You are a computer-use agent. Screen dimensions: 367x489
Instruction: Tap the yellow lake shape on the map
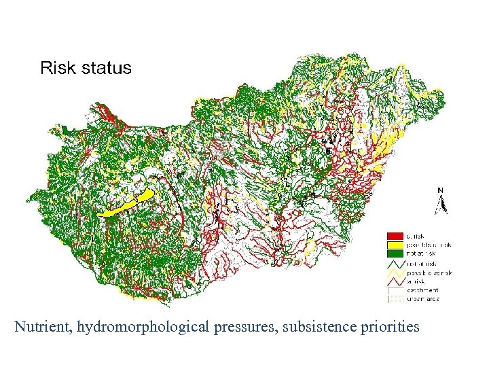tap(127, 204)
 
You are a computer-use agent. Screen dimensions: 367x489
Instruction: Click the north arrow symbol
tap(441, 205)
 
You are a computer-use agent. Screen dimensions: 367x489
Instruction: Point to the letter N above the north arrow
tap(441, 190)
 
